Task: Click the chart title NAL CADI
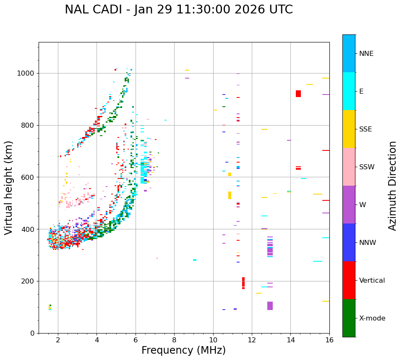(179, 10)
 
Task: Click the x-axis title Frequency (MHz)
(183, 350)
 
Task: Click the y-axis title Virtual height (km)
(9, 187)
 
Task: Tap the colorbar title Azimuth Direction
(392, 186)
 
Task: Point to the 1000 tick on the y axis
(28, 74)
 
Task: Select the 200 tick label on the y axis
(30, 281)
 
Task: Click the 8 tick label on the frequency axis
(174, 339)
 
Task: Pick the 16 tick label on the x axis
(329, 339)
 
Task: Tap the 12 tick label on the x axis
(252, 339)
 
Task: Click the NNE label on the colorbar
(366, 54)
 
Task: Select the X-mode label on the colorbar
(372, 318)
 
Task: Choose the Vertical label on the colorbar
(372, 281)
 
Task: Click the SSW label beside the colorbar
(367, 167)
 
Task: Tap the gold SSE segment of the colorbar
(349, 129)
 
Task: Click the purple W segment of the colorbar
(349, 205)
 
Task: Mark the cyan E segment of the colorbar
(349, 91)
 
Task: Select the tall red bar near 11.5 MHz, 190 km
(243, 283)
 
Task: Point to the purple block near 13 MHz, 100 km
(270, 306)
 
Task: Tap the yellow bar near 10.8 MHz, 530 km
(230, 195)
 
